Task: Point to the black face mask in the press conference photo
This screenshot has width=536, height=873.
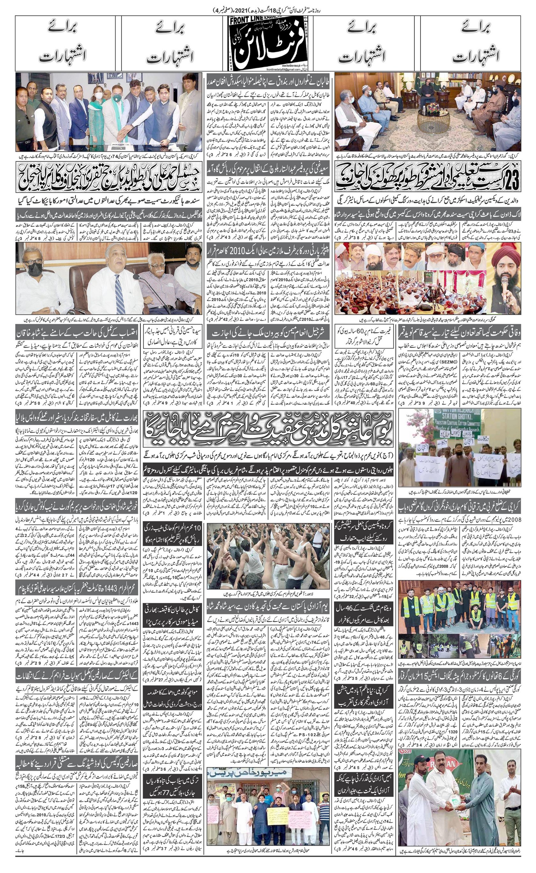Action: [36, 269]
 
